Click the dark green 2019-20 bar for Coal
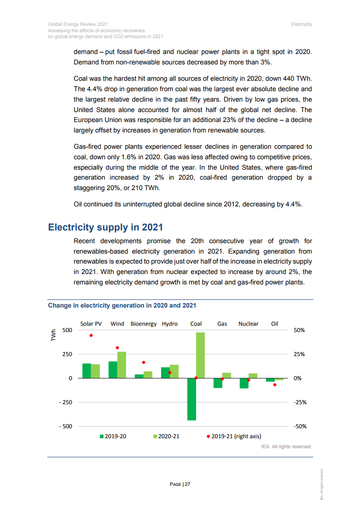coord(192,399)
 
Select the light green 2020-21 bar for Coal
coord(200,355)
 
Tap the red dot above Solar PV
coord(91,336)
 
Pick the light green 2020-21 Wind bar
coord(122,365)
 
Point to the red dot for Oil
coord(275,385)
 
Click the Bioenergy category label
coord(143,324)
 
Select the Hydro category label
coord(170,324)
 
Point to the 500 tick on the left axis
coord(67,330)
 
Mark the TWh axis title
coord(53,336)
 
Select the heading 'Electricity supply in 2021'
coord(105,227)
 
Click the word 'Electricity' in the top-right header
coord(301,24)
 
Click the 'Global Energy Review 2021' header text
coord(78,24)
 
